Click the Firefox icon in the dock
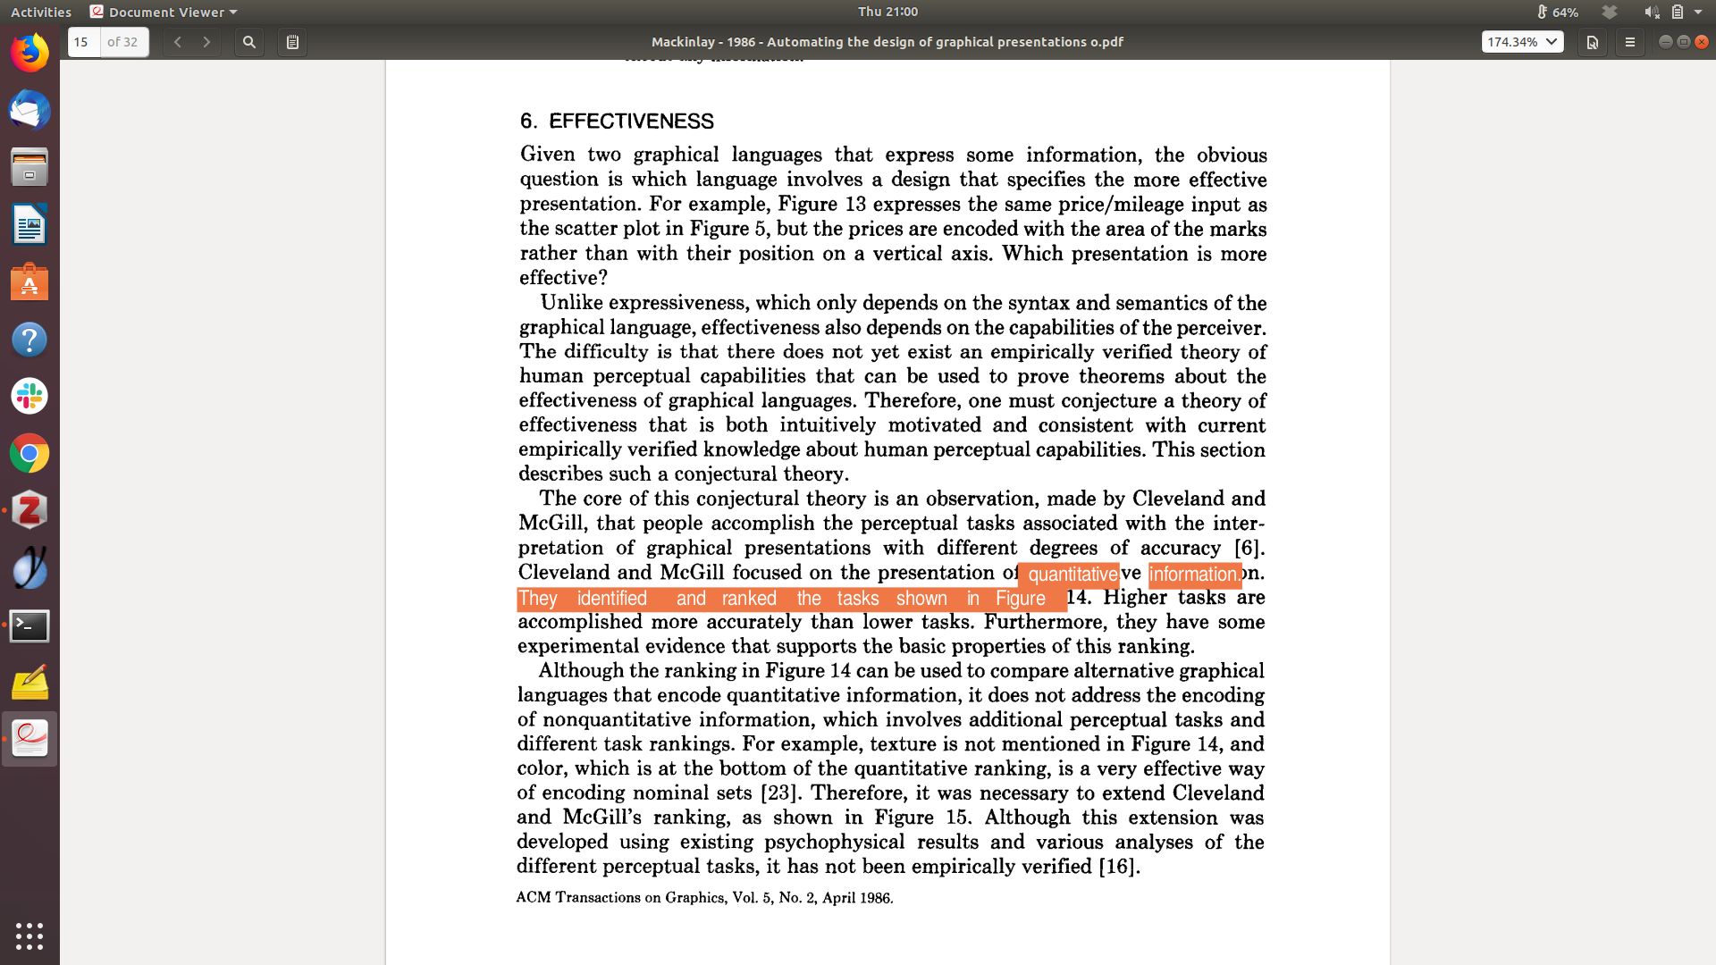(29, 54)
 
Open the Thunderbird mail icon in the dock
(29, 111)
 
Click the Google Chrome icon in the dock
(29, 454)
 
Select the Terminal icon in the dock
(29, 625)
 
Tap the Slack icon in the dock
(29, 396)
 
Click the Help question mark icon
(29, 340)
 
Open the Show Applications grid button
(29, 936)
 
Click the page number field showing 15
(84, 42)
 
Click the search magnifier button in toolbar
(249, 42)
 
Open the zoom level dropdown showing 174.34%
(1522, 42)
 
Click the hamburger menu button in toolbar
(1629, 42)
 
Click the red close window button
(1702, 42)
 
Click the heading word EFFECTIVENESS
(631, 122)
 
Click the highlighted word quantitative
(1072, 575)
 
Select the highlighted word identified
(611, 599)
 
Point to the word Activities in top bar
(41, 12)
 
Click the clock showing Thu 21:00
(887, 12)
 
